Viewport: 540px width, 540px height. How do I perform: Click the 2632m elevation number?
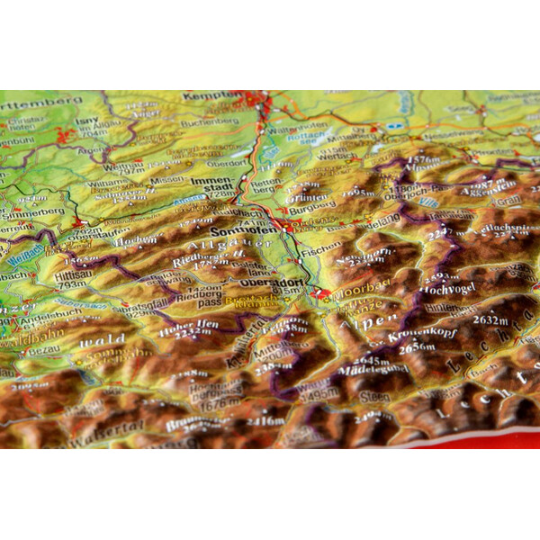[x=491, y=318]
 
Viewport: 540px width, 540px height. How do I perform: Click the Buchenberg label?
[x=210, y=121]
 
